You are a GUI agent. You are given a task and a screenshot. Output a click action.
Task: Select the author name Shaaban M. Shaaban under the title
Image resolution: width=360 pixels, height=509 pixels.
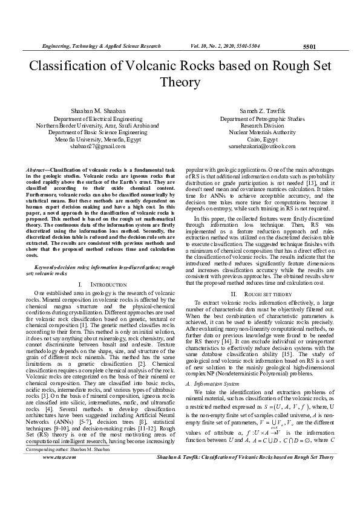[98, 111]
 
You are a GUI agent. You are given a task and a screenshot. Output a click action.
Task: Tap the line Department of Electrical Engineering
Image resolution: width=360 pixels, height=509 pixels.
[97, 120]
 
